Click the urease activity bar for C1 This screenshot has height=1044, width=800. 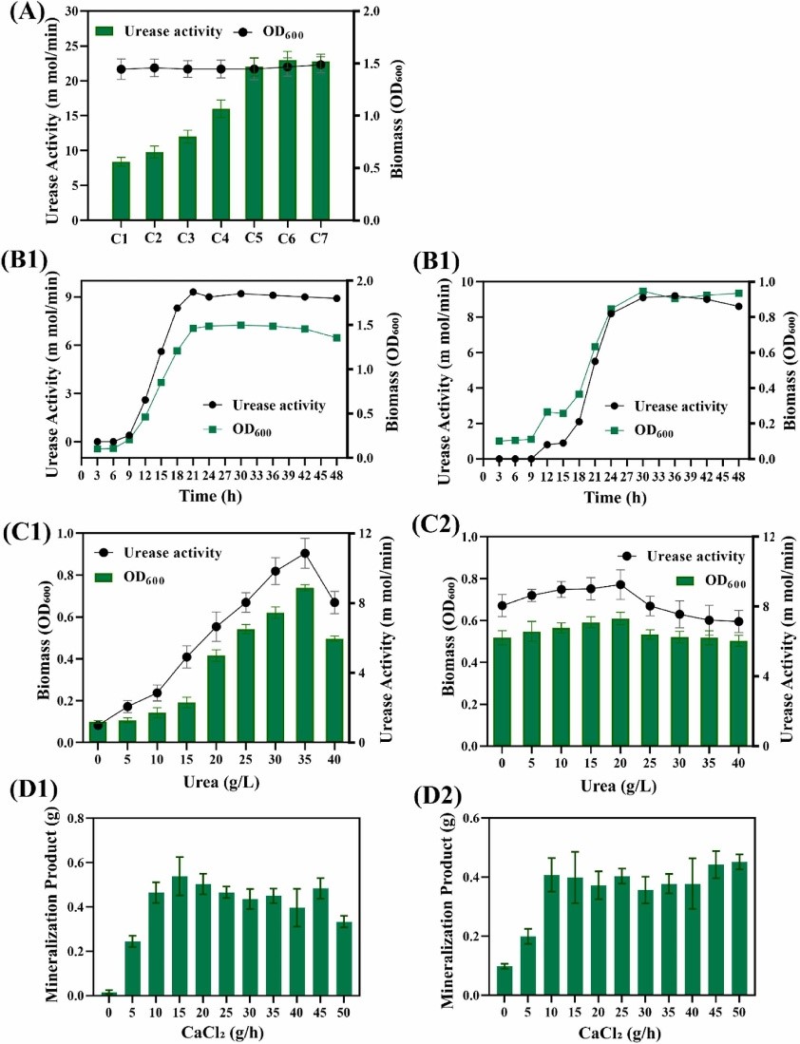(x=121, y=191)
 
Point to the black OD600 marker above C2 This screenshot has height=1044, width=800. (x=154, y=67)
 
